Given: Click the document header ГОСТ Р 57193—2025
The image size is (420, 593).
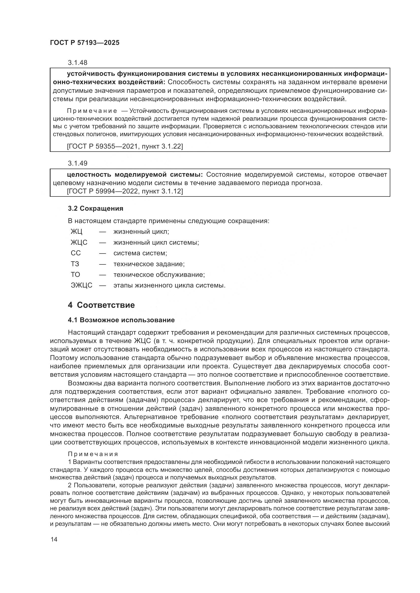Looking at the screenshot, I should tap(85, 43).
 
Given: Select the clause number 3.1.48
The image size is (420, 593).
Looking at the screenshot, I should tap(78, 63).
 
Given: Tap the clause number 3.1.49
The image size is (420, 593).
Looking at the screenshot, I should tap(78, 163).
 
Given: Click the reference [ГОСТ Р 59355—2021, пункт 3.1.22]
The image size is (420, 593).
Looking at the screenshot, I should tap(125, 147).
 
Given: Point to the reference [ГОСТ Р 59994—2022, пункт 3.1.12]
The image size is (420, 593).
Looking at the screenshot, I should tap(125, 191).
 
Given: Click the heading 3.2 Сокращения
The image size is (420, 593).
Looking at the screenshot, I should tap(95, 208).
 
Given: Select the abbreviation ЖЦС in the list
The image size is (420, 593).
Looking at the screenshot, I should tap(79, 243).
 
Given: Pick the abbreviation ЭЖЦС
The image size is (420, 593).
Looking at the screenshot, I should tap(82, 285).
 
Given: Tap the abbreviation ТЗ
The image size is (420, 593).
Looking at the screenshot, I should tap(75, 264).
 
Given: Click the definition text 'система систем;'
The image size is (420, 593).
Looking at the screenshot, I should tap(140, 253).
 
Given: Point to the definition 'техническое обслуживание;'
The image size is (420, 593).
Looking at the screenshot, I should tap(159, 275).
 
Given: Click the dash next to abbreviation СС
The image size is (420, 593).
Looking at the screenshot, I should tap(102, 253).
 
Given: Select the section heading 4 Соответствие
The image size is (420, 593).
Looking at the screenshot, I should tap(101, 305).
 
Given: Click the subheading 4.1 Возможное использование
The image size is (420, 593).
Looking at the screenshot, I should tap(121, 320).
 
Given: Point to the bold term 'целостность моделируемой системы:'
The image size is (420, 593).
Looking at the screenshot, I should tap(135, 175).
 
